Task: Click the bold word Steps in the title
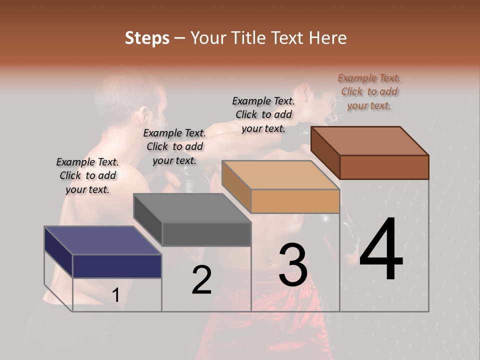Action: click(147, 38)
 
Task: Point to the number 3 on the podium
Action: click(292, 265)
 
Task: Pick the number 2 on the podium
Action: click(202, 280)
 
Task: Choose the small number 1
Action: click(115, 295)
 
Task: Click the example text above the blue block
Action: click(87, 175)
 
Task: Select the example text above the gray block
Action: click(174, 146)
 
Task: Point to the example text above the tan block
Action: click(263, 114)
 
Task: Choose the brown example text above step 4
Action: click(369, 91)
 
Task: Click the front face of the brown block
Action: click(384, 167)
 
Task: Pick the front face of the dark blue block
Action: click(117, 266)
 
